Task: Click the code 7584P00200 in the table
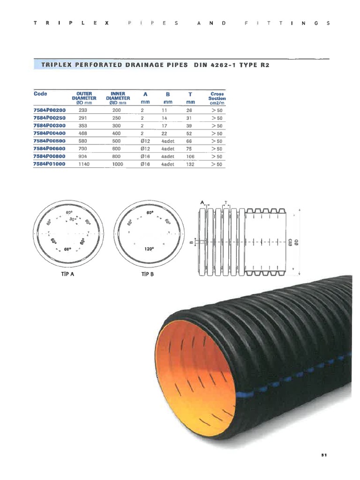pos(49,111)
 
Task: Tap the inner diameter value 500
pos(117,141)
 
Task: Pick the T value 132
pos(190,164)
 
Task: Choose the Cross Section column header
pos(217,98)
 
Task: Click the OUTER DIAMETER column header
pos(86,96)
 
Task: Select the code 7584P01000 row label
pos(49,164)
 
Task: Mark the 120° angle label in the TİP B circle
pos(150,249)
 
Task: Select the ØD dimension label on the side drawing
pos(296,242)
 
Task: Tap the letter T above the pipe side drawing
pos(225,203)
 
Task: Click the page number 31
pos(324,455)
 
